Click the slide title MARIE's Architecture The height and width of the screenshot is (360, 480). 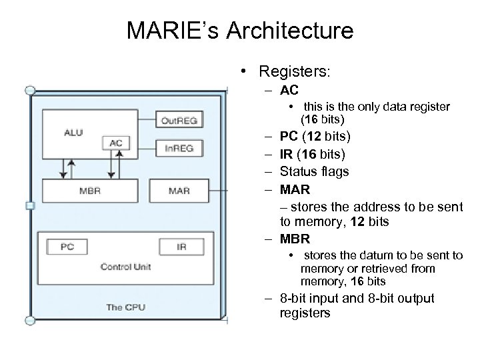click(x=239, y=31)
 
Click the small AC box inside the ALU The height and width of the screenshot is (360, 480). click(x=117, y=143)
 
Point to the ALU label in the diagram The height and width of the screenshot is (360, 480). click(x=73, y=132)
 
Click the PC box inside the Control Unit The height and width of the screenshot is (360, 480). click(x=67, y=246)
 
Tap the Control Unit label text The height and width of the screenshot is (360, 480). click(x=125, y=267)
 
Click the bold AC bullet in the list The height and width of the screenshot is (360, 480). click(x=289, y=90)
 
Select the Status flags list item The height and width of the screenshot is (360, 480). click(x=314, y=171)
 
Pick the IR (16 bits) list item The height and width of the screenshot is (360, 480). click(x=312, y=155)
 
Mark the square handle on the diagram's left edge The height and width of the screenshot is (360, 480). click(x=29, y=207)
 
